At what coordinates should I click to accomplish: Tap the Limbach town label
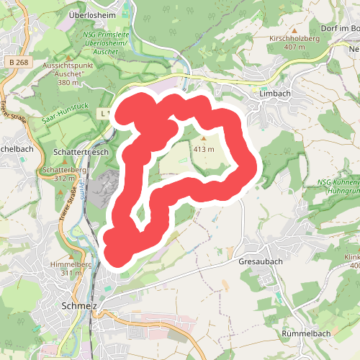coord(274,94)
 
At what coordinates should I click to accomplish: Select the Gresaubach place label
coord(260,262)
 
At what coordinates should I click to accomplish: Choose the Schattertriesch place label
coord(81,153)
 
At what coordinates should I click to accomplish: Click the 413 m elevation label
coord(204,149)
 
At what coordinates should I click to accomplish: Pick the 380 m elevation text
coord(68,83)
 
